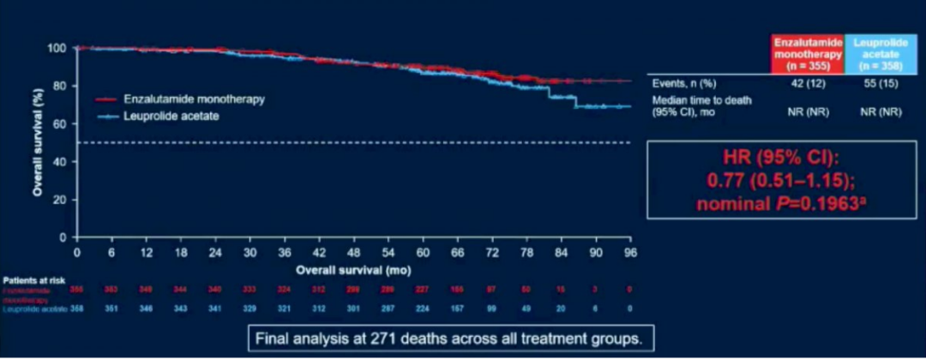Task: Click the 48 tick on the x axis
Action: click(x=353, y=253)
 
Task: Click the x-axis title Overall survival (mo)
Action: click(x=352, y=268)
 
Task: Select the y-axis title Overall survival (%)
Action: click(x=39, y=141)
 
